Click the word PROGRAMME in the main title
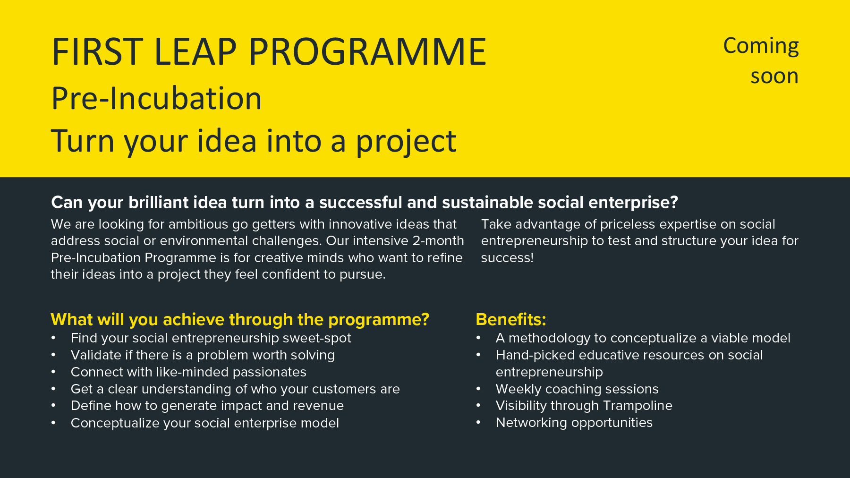pos(367,51)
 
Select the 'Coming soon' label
pos(761,61)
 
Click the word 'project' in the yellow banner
pos(406,141)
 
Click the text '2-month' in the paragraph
pos(438,241)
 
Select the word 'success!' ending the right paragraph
pos(507,258)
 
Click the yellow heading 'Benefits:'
pos(511,319)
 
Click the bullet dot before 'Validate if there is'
pos(54,355)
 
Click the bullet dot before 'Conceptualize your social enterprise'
pos(54,422)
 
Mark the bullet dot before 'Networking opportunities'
pos(478,422)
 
